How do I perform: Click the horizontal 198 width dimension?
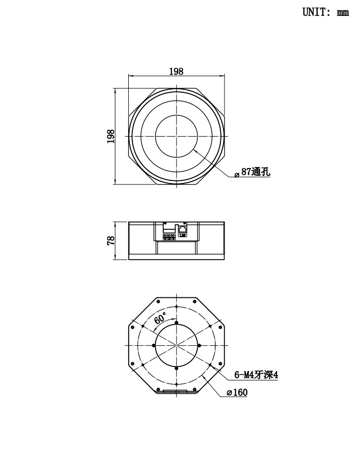click(x=176, y=72)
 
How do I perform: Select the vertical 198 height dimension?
click(x=110, y=136)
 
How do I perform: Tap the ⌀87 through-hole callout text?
click(x=252, y=173)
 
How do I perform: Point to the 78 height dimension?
click(x=110, y=241)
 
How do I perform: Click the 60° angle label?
click(x=160, y=319)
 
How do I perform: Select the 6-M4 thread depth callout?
click(x=256, y=375)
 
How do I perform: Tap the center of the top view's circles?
click(x=176, y=136)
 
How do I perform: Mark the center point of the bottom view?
click(x=176, y=345)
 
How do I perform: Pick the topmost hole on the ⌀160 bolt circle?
click(x=176, y=307)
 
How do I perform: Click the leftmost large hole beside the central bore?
click(x=154, y=345)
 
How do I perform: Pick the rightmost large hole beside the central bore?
click(x=198, y=345)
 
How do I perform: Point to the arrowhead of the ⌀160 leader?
click(x=204, y=376)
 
